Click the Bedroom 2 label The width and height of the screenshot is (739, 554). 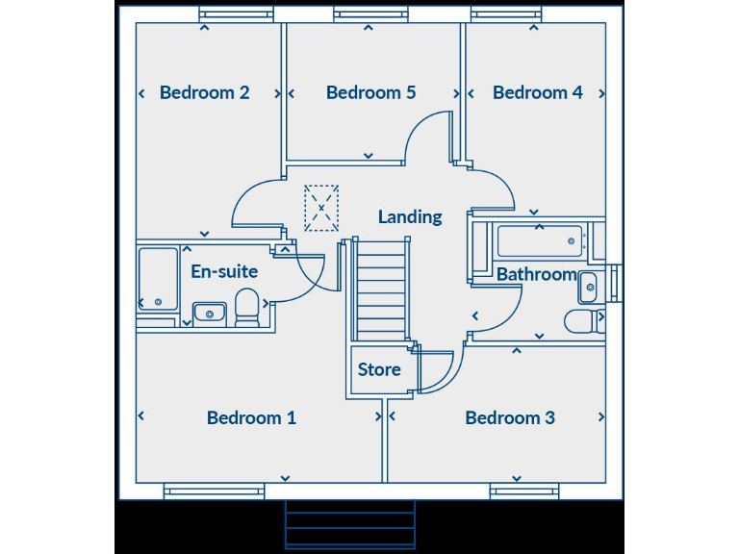click(x=205, y=92)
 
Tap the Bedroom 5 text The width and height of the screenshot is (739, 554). click(x=370, y=92)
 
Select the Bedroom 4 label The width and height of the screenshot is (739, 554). click(x=537, y=92)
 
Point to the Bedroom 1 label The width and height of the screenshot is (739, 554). click(x=251, y=417)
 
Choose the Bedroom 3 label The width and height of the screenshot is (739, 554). click(x=510, y=417)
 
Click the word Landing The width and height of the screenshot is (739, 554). click(x=410, y=216)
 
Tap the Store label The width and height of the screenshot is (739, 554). click(x=379, y=369)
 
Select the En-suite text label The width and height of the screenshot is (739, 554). click(x=224, y=271)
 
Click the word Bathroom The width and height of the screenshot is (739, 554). click(x=536, y=274)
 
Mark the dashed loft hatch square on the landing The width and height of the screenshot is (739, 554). click(x=321, y=207)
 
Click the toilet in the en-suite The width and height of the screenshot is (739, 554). click(x=247, y=310)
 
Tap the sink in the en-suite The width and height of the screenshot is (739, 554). click(x=209, y=313)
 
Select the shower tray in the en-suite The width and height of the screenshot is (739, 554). click(x=158, y=279)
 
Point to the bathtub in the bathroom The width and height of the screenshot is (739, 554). click(x=539, y=240)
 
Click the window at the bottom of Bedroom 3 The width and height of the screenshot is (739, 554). click(x=524, y=491)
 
